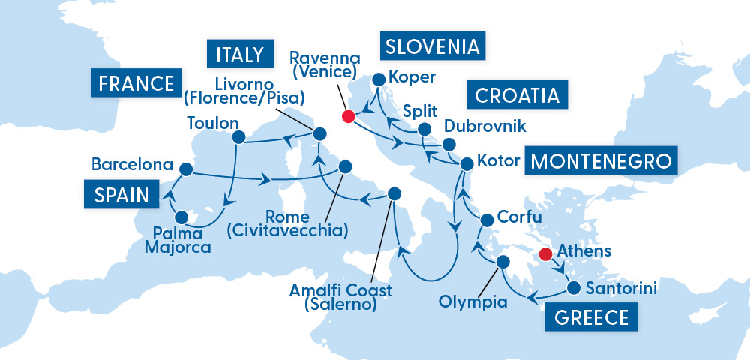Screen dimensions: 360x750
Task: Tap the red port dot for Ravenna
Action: click(x=347, y=116)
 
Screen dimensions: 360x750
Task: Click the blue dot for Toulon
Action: click(x=239, y=136)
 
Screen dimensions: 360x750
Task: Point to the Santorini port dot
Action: click(x=573, y=287)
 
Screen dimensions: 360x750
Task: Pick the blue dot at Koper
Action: click(x=379, y=78)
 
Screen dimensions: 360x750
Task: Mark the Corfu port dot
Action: click(x=485, y=220)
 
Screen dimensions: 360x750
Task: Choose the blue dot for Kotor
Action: click(x=466, y=163)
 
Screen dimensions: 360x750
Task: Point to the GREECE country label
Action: click(x=592, y=316)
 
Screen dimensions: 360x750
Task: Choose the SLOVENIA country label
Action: click(x=431, y=47)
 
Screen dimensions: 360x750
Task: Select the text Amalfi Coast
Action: click(x=330, y=289)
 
